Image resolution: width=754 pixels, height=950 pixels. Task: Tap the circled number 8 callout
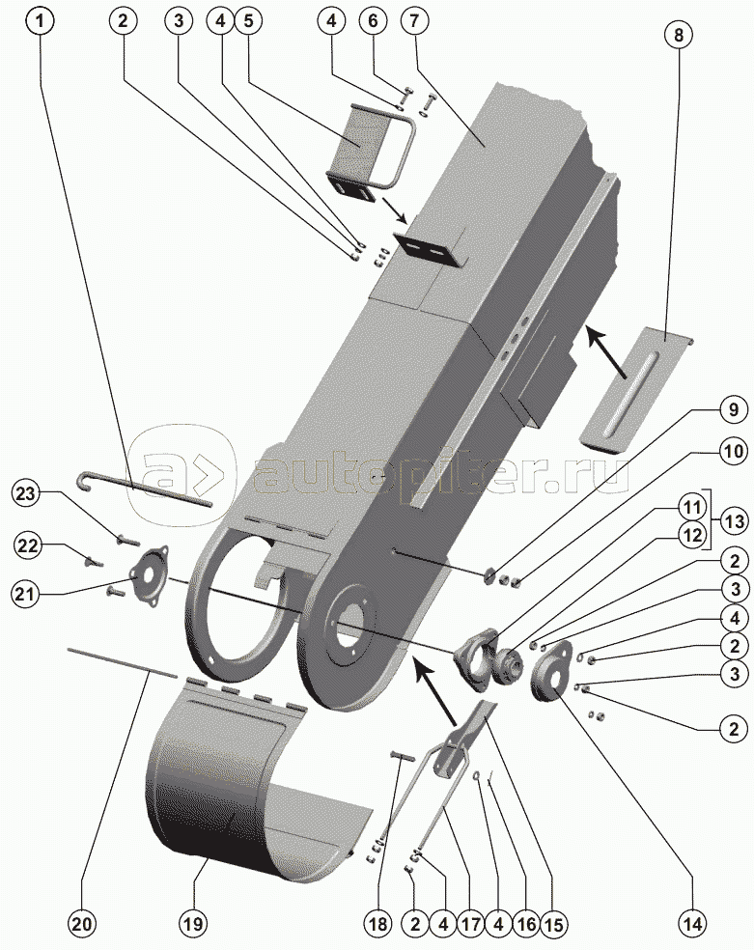point(678,34)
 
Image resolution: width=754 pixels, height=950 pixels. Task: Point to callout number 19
point(193,923)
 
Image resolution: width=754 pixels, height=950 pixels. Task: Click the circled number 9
point(733,409)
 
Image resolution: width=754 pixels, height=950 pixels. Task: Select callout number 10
point(733,451)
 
